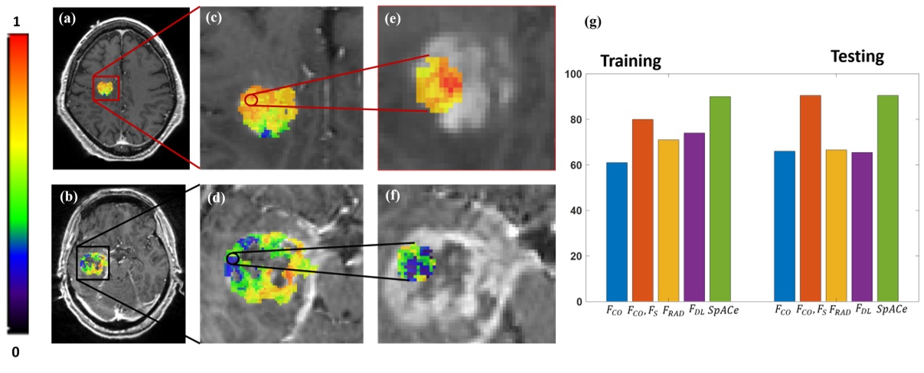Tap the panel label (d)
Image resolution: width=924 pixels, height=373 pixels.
click(x=217, y=202)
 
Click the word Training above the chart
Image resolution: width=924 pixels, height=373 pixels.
click(x=631, y=61)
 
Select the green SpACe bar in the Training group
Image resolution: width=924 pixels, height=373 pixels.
click(x=720, y=199)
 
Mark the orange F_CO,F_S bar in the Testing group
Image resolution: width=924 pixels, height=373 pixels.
click(x=810, y=198)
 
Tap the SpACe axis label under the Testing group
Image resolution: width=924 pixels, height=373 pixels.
click(x=892, y=310)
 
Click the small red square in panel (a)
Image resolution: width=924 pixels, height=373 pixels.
click(x=106, y=88)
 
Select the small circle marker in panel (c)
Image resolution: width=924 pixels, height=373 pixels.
click(x=251, y=100)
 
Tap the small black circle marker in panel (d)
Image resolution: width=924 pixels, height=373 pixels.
click(x=233, y=259)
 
